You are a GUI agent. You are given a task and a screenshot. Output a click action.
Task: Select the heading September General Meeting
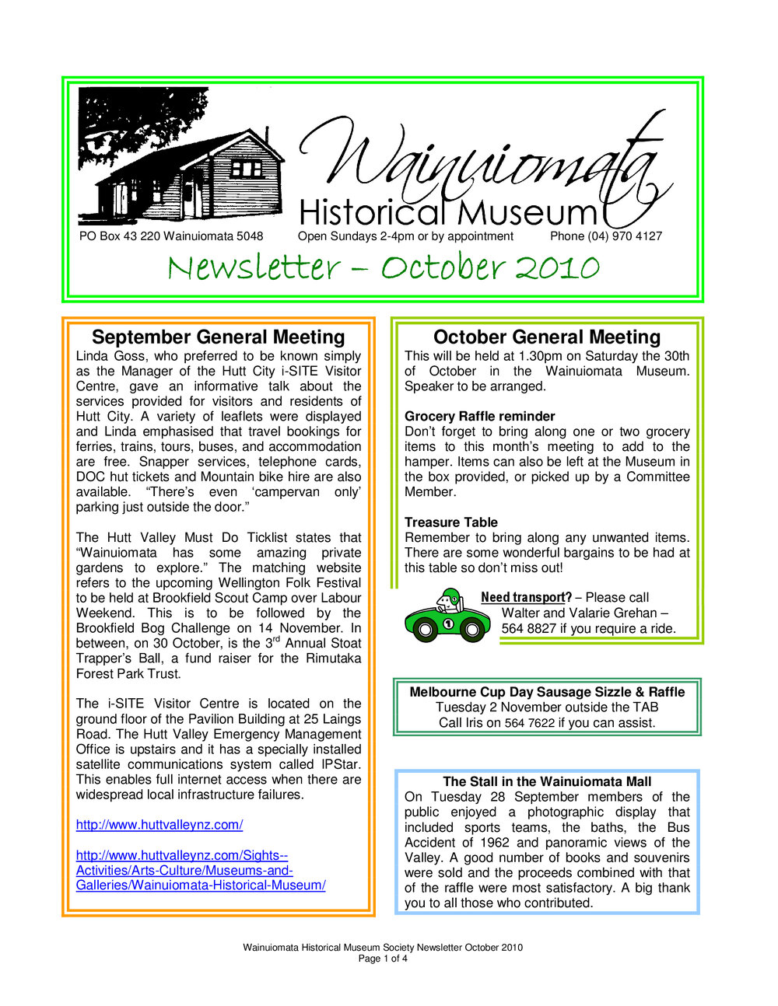218,337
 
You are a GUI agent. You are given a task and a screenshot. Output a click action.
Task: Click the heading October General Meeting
546,337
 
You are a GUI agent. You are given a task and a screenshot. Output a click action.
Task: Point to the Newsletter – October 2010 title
383,268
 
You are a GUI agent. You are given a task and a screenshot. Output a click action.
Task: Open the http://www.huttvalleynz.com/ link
159,825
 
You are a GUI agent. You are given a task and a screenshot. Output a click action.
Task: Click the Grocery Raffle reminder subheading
479,416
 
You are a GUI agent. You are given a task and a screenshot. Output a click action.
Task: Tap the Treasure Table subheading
450,522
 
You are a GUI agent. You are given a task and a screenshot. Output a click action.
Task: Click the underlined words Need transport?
526,597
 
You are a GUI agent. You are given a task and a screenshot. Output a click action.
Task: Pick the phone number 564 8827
528,628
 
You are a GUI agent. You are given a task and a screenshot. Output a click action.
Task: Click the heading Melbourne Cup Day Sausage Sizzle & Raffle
547,692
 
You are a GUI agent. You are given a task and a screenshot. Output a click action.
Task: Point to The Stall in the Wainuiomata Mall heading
547,781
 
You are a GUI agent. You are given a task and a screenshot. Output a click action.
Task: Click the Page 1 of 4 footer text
383,959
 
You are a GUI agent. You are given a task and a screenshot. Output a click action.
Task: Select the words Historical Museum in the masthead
447,212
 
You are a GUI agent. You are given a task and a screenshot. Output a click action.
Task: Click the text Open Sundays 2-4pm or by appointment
405,236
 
